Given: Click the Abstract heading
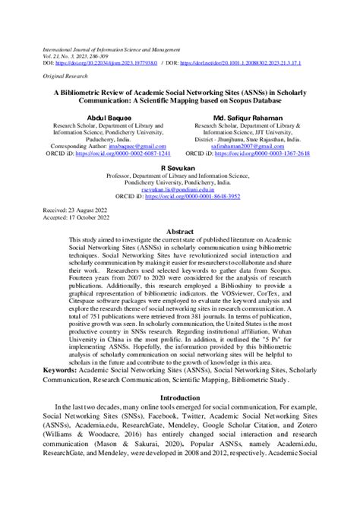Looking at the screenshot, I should [179, 229].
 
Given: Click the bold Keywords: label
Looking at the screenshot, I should [65, 370].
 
